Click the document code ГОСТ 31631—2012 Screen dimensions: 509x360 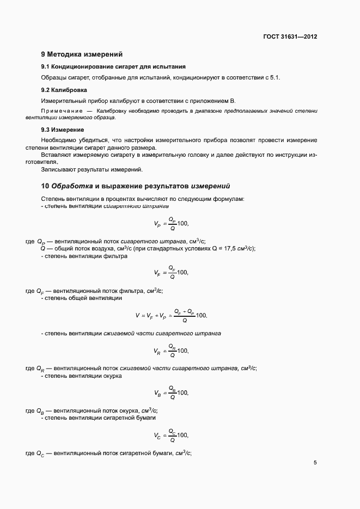290,37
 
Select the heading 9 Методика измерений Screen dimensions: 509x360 82,54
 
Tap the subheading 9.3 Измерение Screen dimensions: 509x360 63,130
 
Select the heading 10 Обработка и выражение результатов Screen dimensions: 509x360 136,186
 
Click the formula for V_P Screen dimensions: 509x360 171,223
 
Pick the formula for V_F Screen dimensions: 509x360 171,272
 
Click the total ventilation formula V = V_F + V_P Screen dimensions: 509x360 171,315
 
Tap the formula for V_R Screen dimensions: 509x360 171,351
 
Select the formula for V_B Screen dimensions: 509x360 171,392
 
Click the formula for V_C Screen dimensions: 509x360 171,434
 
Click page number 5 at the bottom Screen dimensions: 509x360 315,463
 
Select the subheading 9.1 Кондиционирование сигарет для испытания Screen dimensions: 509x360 94,66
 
